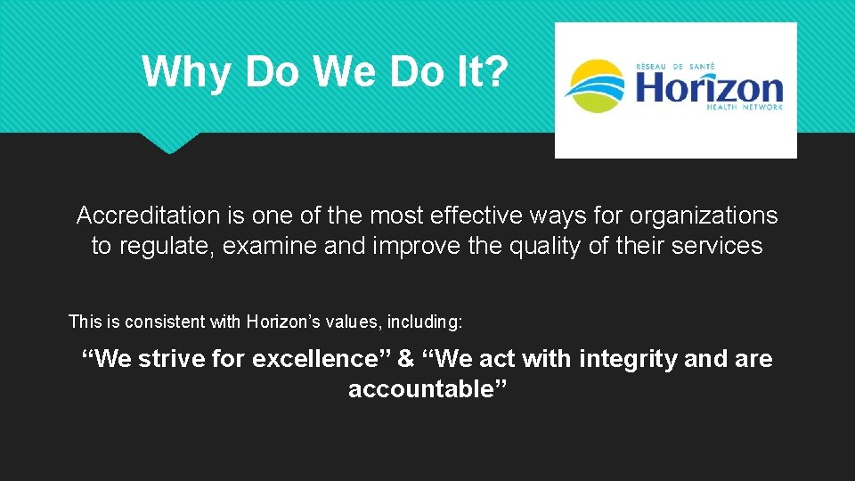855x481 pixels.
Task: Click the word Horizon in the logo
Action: tap(708, 88)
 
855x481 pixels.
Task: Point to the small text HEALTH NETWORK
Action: tap(744, 107)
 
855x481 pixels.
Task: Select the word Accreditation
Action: tap(147, 216)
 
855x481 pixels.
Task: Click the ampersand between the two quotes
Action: tap(406, 359)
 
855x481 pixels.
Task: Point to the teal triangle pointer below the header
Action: tap(170, 142)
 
